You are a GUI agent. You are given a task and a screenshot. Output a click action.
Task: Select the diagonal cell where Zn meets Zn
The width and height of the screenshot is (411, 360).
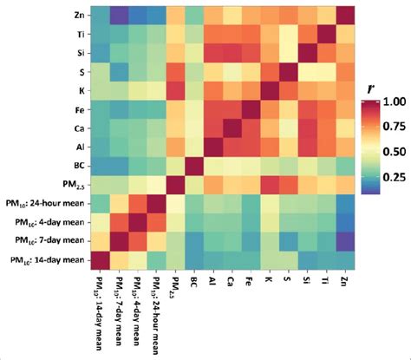tap(344, 16)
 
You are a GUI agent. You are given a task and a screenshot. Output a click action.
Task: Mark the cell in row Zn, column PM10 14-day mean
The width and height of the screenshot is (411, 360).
tap(97, 16)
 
